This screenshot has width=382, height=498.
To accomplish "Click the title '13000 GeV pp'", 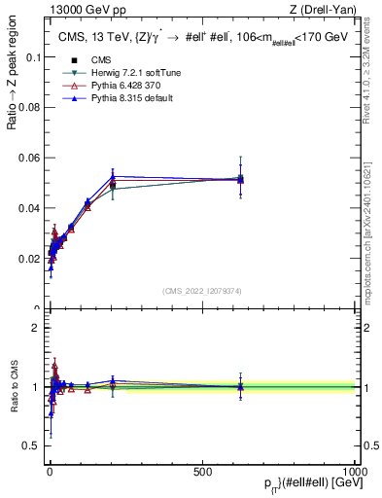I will [x=80, y=10].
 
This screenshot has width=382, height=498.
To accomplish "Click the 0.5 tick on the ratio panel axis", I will [x=33, y=446].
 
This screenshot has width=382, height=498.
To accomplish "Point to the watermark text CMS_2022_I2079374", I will [x=202, y=290].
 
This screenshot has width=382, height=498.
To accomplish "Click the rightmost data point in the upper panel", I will [x=240, y=179].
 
